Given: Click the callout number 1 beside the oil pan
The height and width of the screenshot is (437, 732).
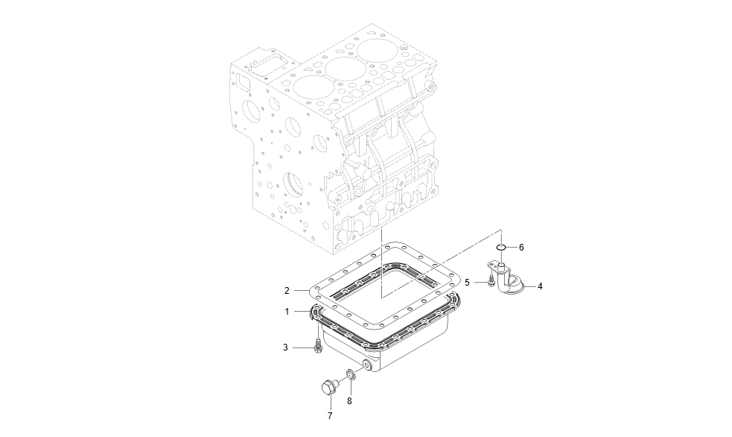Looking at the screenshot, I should point(286,311).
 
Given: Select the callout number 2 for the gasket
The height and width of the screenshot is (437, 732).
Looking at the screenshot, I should point(286,290).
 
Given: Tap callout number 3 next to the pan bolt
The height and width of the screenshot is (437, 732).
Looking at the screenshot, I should point(285,348).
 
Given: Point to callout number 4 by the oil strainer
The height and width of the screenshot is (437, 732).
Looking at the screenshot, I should point(539,286).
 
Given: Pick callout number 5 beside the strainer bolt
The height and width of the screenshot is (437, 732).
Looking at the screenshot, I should point(467,283).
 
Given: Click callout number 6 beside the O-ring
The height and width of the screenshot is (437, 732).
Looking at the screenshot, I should point(521,247).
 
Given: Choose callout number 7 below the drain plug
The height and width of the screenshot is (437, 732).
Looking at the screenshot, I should point(330,415).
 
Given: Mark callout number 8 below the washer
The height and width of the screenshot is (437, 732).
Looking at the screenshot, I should point(349,401).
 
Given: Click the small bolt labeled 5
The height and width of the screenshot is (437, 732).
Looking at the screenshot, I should point(489,282).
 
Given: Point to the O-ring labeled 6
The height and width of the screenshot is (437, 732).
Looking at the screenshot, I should point(503,247).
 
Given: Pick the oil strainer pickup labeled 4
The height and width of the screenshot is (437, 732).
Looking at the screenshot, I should point(508,283).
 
